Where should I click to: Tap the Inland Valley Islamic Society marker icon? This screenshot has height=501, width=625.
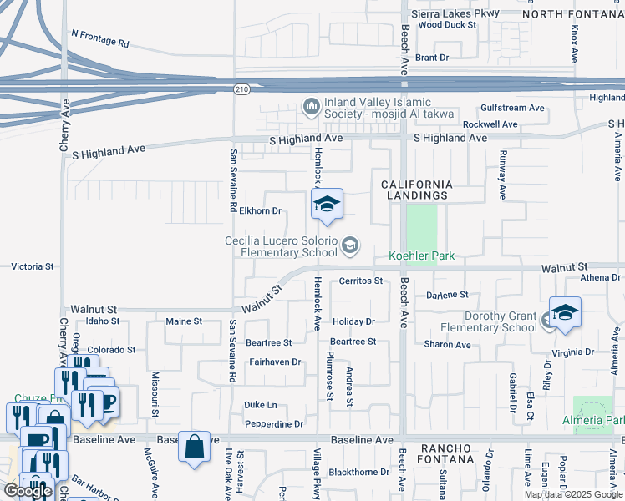(312, 107)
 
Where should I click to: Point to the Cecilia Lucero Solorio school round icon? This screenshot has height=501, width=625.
(351, 245)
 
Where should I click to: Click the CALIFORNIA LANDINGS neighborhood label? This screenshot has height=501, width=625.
(416, 190)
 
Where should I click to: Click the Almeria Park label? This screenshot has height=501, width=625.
(592, 419)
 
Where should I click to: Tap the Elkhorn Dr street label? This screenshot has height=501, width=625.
(260, 211)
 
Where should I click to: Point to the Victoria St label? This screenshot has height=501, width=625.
(32, 267)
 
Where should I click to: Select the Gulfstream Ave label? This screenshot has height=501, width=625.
(512, 109)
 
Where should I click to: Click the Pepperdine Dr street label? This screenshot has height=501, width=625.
(274, 424)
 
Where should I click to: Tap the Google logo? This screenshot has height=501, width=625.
(28, 491)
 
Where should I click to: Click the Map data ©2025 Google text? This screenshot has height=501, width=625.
(573, 494)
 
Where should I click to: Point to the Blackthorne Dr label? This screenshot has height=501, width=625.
(359, 472)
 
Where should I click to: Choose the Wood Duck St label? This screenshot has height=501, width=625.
(447, 25)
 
